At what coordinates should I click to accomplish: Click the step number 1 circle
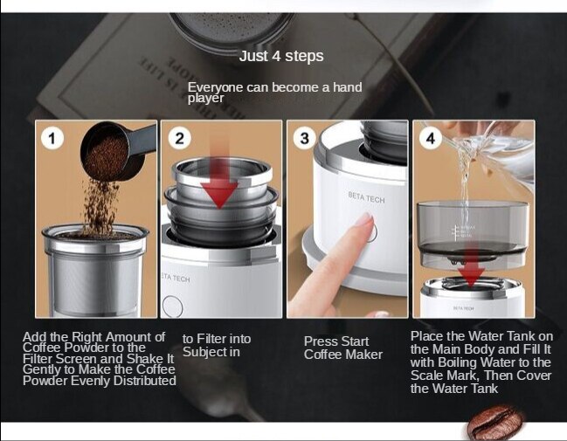52,138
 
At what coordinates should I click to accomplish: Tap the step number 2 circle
179,138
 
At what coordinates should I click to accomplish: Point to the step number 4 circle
430,138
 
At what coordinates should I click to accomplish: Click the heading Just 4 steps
281,57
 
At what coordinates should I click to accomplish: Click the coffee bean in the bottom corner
494,423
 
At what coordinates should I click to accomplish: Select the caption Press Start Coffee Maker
342,348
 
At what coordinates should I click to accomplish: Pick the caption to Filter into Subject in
216,345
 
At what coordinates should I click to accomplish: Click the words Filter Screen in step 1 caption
64,358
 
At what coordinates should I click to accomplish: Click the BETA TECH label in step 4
463,307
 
